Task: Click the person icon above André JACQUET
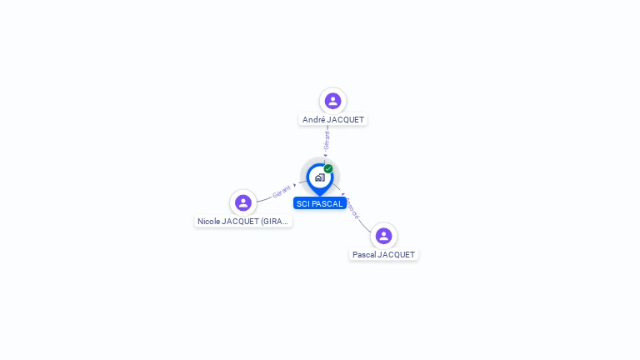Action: (x=332, y=101)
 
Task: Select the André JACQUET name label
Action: (x=332, y=120)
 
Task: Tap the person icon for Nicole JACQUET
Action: (x=243, y=202)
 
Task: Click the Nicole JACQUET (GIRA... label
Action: (x=243, y=222)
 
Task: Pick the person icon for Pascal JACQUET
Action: (x=383, y=236)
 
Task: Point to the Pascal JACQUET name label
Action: (x=383, y=255)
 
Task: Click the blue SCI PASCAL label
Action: (x=319, y=203)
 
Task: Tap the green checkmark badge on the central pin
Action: (x=328, y=169)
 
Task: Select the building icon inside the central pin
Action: (x=319, y=177)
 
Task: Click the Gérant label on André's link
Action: (x=327, y=140)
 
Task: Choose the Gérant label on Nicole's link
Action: (x=282, y=192)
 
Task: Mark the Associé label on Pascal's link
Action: (x=353, y=208)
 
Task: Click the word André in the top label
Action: (x=313, y=120)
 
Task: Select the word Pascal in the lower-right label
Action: (x=364, y=255)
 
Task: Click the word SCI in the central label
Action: (x=302, y=203)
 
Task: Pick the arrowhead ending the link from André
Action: (x=326, y=155)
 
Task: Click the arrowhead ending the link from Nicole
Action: (x=295, y=185)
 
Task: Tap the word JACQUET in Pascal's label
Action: (x=396, y=255)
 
